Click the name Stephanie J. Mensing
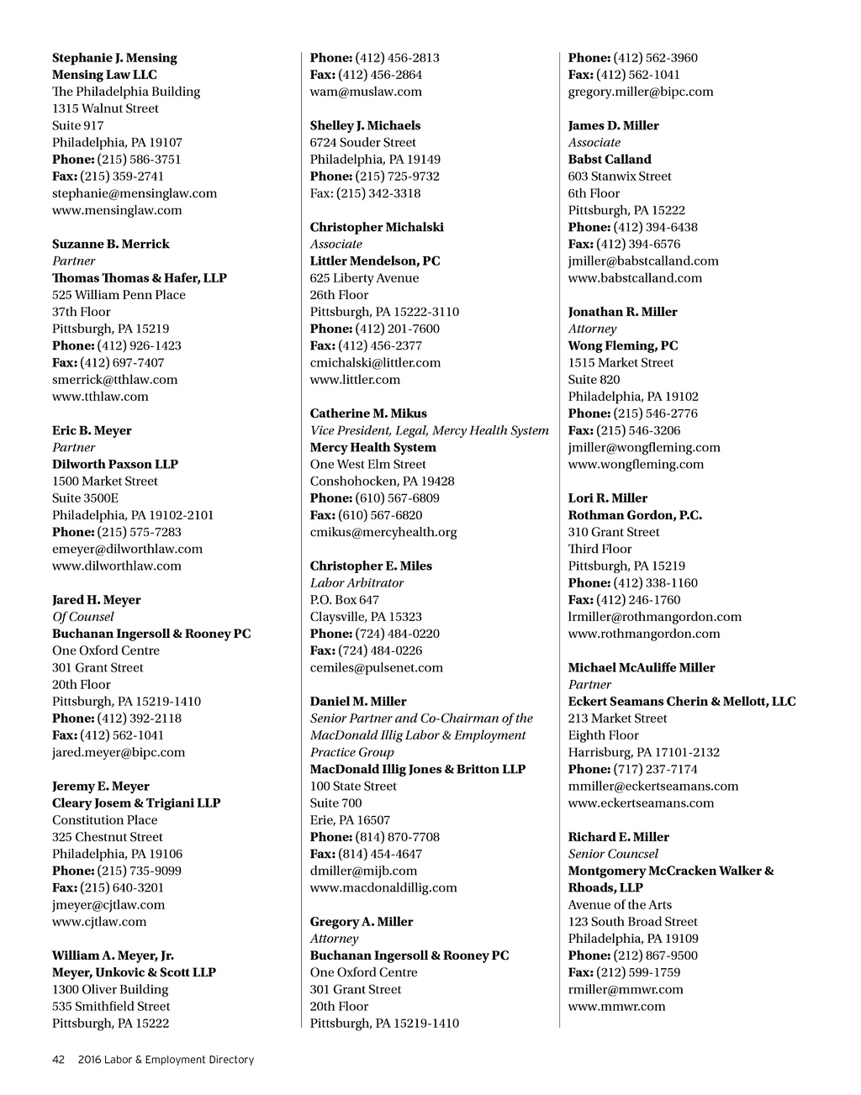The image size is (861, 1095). point(114,58)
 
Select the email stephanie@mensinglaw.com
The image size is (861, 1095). point(135,193)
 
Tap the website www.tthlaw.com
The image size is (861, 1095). point(100,397)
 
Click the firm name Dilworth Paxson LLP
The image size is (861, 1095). point(115,464)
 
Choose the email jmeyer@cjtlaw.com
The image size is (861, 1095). point(108,905)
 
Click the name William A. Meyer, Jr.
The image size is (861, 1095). point(113,955)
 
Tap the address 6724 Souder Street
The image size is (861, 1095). point(362,143)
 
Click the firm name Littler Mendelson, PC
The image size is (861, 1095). point(375,261)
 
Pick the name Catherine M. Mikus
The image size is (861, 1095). point(368,413)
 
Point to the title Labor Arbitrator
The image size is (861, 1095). point(357,583)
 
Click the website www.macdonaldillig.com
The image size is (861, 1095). point(383,887)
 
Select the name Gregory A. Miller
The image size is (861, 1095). point(362,922)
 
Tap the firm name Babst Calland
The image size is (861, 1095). point(610,160)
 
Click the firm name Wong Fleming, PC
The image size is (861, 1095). point(623,345)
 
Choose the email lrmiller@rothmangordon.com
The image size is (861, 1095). point(655,617)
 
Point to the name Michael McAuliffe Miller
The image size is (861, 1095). point(642,668)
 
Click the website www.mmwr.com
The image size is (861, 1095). point(616,1006)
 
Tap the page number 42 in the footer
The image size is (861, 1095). point(59,1060)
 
